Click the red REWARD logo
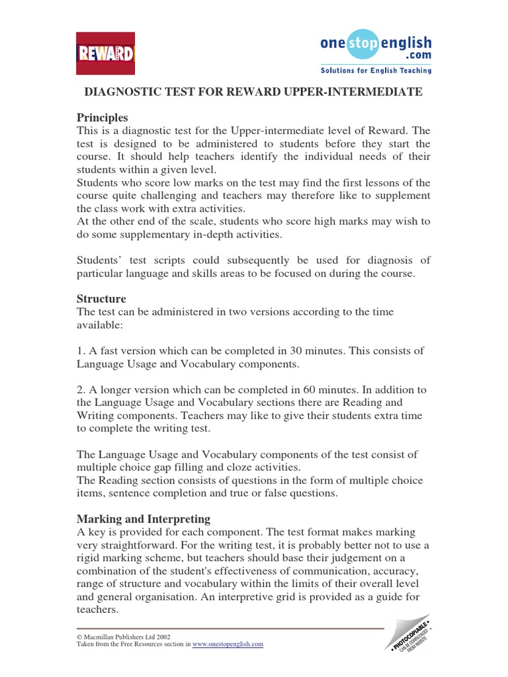pos(105,53)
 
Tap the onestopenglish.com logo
pos(375,46)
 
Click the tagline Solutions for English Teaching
pos(376,70)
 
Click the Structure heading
pos(101,299)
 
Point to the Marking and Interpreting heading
pos(144,518)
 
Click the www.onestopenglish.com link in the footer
pos(228,643)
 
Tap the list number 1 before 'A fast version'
pos(81,350)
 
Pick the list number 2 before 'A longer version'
pos(81,389)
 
